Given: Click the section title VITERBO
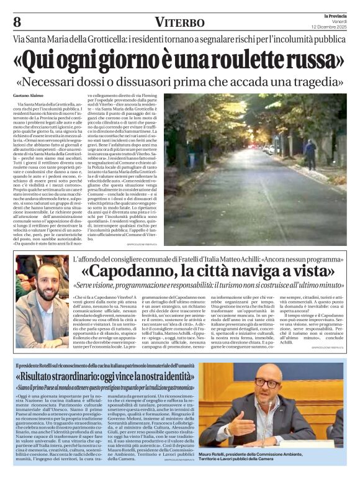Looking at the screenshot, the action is tap(179, 22).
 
